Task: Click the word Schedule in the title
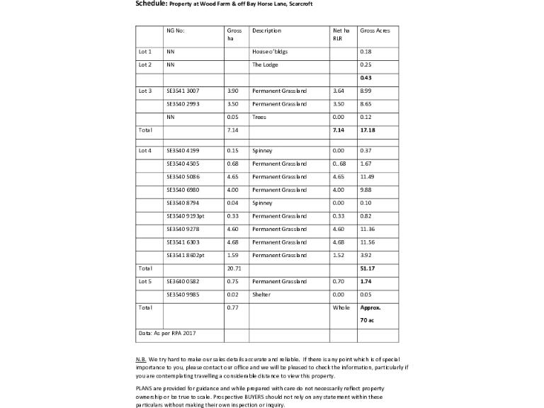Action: pyautogui.click(x=151, y=4)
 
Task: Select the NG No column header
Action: pyautogui.click(x=175, y=31)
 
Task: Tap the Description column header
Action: pyautogui.click(x=266, y=31)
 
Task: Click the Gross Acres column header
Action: pyautogui.click(x=375, y=31)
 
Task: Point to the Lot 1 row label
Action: pyautogui.click(x=145, y=52)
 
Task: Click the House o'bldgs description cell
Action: pyautogui.click(x=270, y=52)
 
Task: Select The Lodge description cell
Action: pyautogui.click(x=265, y=64)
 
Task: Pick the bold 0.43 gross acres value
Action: pyautogui.click(x=366, y=77)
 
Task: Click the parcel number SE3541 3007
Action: pyautogui.click(x=183, y=91)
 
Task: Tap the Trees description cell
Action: pyautogui.click(x=259, y=117)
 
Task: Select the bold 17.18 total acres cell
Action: pyautogui.click(x=367, y=130)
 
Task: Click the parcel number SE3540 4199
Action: pyautogui.click(x=183, y=150)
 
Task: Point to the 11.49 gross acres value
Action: pyautogui.click(x=367, y=176)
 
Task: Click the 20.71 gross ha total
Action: pyautogui.click(x=234, y=268)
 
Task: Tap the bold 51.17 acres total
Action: pyautogui.click(x=367, y=268)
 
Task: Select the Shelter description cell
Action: pyautogui.click(x=261, y=295)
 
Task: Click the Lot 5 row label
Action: pyautogui.click(x=145, y=282)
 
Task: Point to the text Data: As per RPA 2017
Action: pyautogui.click(x=166, y=332)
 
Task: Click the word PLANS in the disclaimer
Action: pyautogui.click(x=144, y=389)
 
